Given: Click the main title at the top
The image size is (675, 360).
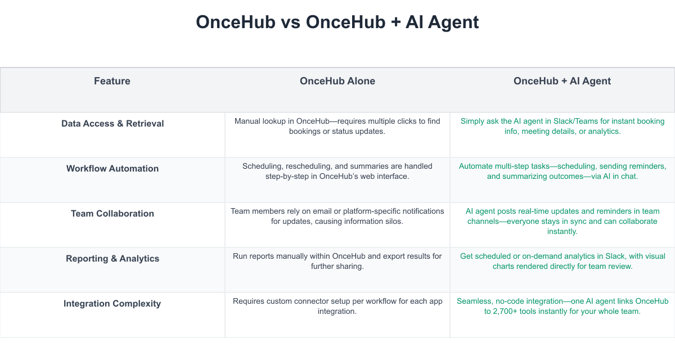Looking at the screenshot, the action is pos(337,22).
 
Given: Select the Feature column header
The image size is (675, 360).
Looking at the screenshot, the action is pos(112,81).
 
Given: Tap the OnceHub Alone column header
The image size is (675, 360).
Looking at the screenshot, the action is pos(337,81).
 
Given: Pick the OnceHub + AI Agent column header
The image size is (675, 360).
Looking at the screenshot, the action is pos(562,81).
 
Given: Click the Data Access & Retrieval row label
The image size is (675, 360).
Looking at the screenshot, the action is pos(112,124).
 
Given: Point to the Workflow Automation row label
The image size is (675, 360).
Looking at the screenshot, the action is pos(112,168).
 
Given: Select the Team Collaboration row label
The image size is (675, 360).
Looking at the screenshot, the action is pos(112,213).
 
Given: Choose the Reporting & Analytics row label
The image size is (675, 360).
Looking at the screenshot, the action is pos(112,259).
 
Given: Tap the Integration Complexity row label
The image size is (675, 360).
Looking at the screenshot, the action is pos(112,303).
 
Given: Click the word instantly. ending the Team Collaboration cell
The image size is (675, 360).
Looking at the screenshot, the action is pos(562,231).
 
